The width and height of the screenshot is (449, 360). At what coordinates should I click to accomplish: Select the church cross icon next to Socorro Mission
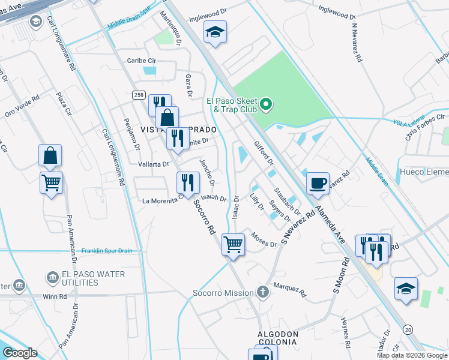262,292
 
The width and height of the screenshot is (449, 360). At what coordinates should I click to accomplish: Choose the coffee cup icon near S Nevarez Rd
318,182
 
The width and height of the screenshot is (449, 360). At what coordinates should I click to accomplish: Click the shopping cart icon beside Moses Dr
233,244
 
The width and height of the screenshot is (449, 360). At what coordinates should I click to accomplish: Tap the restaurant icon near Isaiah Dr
188,182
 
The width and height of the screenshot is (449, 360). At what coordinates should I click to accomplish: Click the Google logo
20,353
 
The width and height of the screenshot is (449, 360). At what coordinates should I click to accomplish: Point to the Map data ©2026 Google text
412,355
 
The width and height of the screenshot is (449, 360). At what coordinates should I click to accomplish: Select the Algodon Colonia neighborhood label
278,338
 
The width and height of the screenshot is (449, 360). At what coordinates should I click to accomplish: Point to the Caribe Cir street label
141,61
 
